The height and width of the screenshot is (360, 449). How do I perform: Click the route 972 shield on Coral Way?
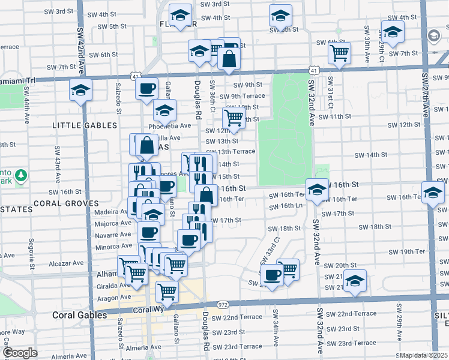[223, 305]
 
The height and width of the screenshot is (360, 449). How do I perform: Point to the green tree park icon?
[22, 175]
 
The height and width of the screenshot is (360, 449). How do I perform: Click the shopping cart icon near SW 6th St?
[340, 53]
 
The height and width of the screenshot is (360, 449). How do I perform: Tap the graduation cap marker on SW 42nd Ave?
[80, 91]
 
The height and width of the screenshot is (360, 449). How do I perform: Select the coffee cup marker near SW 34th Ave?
[273, 275]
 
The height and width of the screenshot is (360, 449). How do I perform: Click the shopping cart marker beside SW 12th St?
[234, 117]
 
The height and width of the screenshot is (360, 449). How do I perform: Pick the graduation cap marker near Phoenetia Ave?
[164, 111]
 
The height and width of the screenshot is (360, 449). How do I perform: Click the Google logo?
[20, 353]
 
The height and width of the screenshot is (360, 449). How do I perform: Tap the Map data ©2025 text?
[424, 355]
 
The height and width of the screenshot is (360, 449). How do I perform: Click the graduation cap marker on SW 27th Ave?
[432, 193]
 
